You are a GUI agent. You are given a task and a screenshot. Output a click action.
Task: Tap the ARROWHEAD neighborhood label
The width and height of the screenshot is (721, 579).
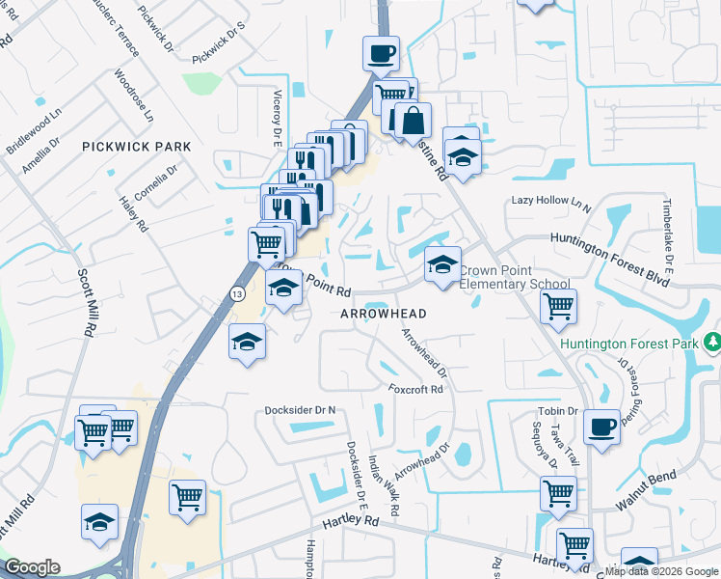[x=383, y=314]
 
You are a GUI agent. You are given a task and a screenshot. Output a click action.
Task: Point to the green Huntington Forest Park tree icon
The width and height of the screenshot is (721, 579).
[x=711, y=342]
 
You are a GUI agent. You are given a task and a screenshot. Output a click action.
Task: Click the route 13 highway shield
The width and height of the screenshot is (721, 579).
[x=236, y=292]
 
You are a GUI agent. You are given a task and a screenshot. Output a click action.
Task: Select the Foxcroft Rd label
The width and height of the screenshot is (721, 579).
[x=415, y=390]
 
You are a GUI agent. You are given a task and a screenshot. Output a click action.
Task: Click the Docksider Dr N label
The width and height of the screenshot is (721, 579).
[x=301, y=410]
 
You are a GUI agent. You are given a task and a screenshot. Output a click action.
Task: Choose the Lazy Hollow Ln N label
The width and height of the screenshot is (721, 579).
[x=550, y=202]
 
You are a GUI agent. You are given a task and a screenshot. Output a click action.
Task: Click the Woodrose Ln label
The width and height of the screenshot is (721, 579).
[x=133, y=94]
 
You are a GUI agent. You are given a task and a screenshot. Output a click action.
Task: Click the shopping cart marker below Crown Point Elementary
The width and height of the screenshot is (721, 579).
[x=559, y=307]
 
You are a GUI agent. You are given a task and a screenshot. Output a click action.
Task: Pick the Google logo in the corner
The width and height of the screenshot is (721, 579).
[x=32, y=567]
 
